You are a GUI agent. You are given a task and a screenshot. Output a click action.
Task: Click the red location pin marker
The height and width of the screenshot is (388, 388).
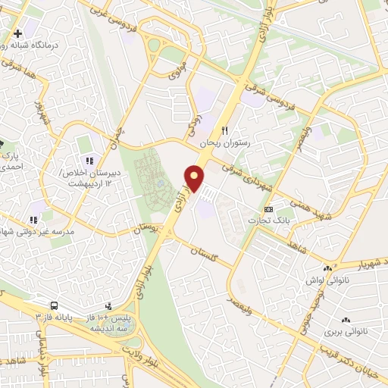click(x=196, y=178)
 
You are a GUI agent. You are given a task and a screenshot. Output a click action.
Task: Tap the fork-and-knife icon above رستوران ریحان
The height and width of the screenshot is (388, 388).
click(x=224, y=130)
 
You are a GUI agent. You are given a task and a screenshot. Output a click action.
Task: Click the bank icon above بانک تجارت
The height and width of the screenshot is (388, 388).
click(x=268, y=208)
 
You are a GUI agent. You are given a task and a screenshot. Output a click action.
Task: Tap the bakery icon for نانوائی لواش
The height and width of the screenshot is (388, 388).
click(x=328, y=268)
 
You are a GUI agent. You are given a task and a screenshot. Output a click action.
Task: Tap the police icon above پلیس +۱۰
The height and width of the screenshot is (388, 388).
click(x=108, y=306)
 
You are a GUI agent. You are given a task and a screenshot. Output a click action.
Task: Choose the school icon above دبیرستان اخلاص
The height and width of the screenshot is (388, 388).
click(x=89, y=161)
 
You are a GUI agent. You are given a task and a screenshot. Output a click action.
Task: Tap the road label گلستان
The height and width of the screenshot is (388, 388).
click(x=204, y=254)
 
